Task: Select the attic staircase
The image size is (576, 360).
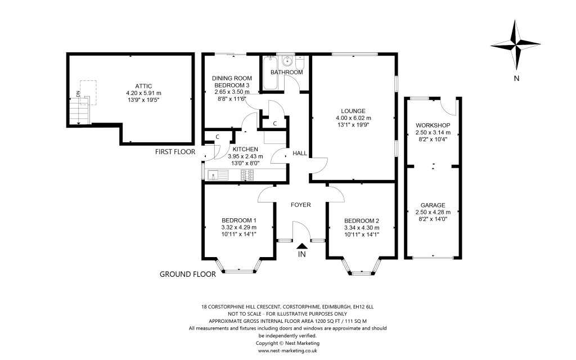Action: (x=80, y=110)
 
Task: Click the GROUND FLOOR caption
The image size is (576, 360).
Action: (x=188, y=275)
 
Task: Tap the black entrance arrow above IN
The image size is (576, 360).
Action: (x=302, y=245)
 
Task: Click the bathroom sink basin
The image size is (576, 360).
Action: (x=288, y=61)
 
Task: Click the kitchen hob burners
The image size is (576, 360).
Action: (x=247, y=175)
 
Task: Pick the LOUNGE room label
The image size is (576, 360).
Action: (x=353, y=111)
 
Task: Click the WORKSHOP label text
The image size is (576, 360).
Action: (x=433, y=125)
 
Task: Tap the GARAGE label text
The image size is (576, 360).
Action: (x=433, y=205)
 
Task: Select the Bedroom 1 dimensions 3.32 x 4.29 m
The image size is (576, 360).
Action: (x=238, y=227)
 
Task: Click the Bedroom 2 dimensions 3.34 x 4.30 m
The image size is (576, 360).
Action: (x=362, y=227)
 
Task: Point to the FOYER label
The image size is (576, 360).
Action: (x=300, y=205)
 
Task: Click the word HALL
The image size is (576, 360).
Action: (x=299, y=154)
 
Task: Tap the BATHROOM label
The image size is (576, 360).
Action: (x=287, y=73)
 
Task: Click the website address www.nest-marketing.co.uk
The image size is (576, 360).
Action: (x=287, y=350)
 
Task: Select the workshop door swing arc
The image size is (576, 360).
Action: (x=448, y=106)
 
